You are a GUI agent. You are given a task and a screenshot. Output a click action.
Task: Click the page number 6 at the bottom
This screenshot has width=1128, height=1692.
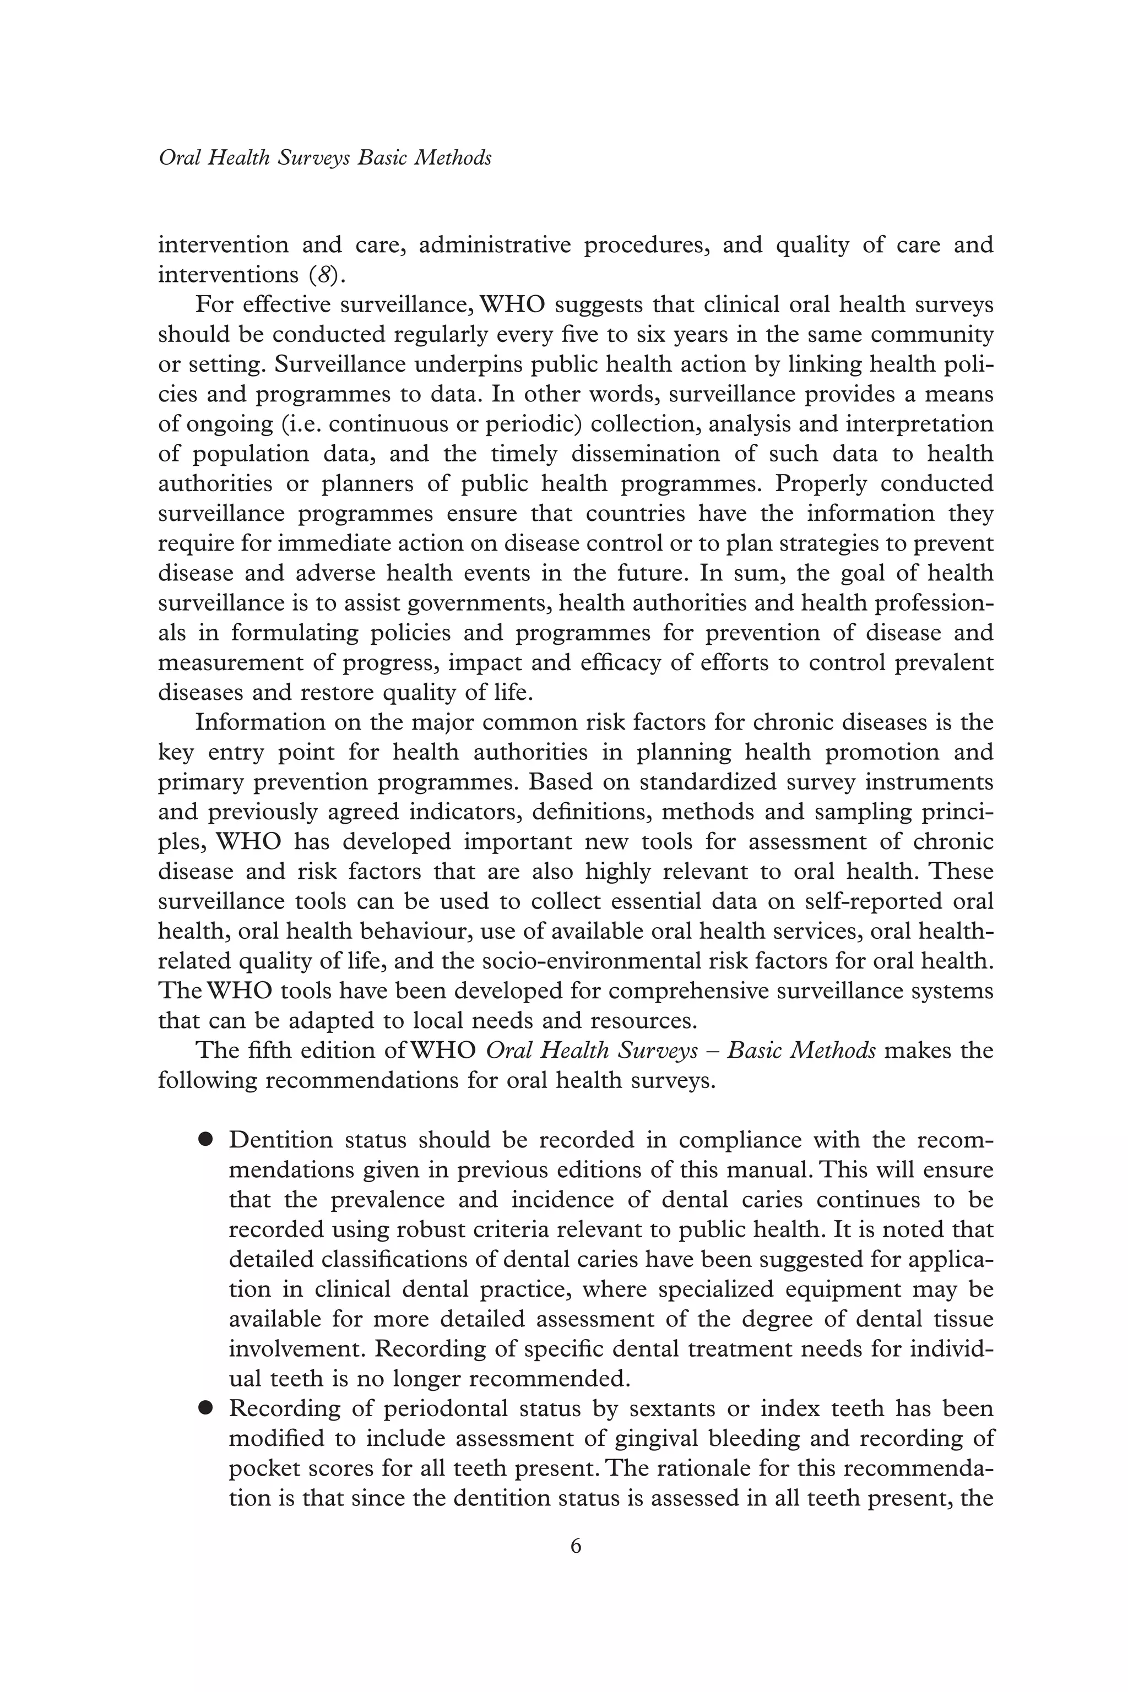coord(576,1546)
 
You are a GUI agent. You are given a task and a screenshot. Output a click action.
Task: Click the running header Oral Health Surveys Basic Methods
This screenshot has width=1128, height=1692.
coord(325,158)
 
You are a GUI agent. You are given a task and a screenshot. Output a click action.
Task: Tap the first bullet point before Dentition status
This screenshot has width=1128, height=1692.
coord(207,1140)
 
